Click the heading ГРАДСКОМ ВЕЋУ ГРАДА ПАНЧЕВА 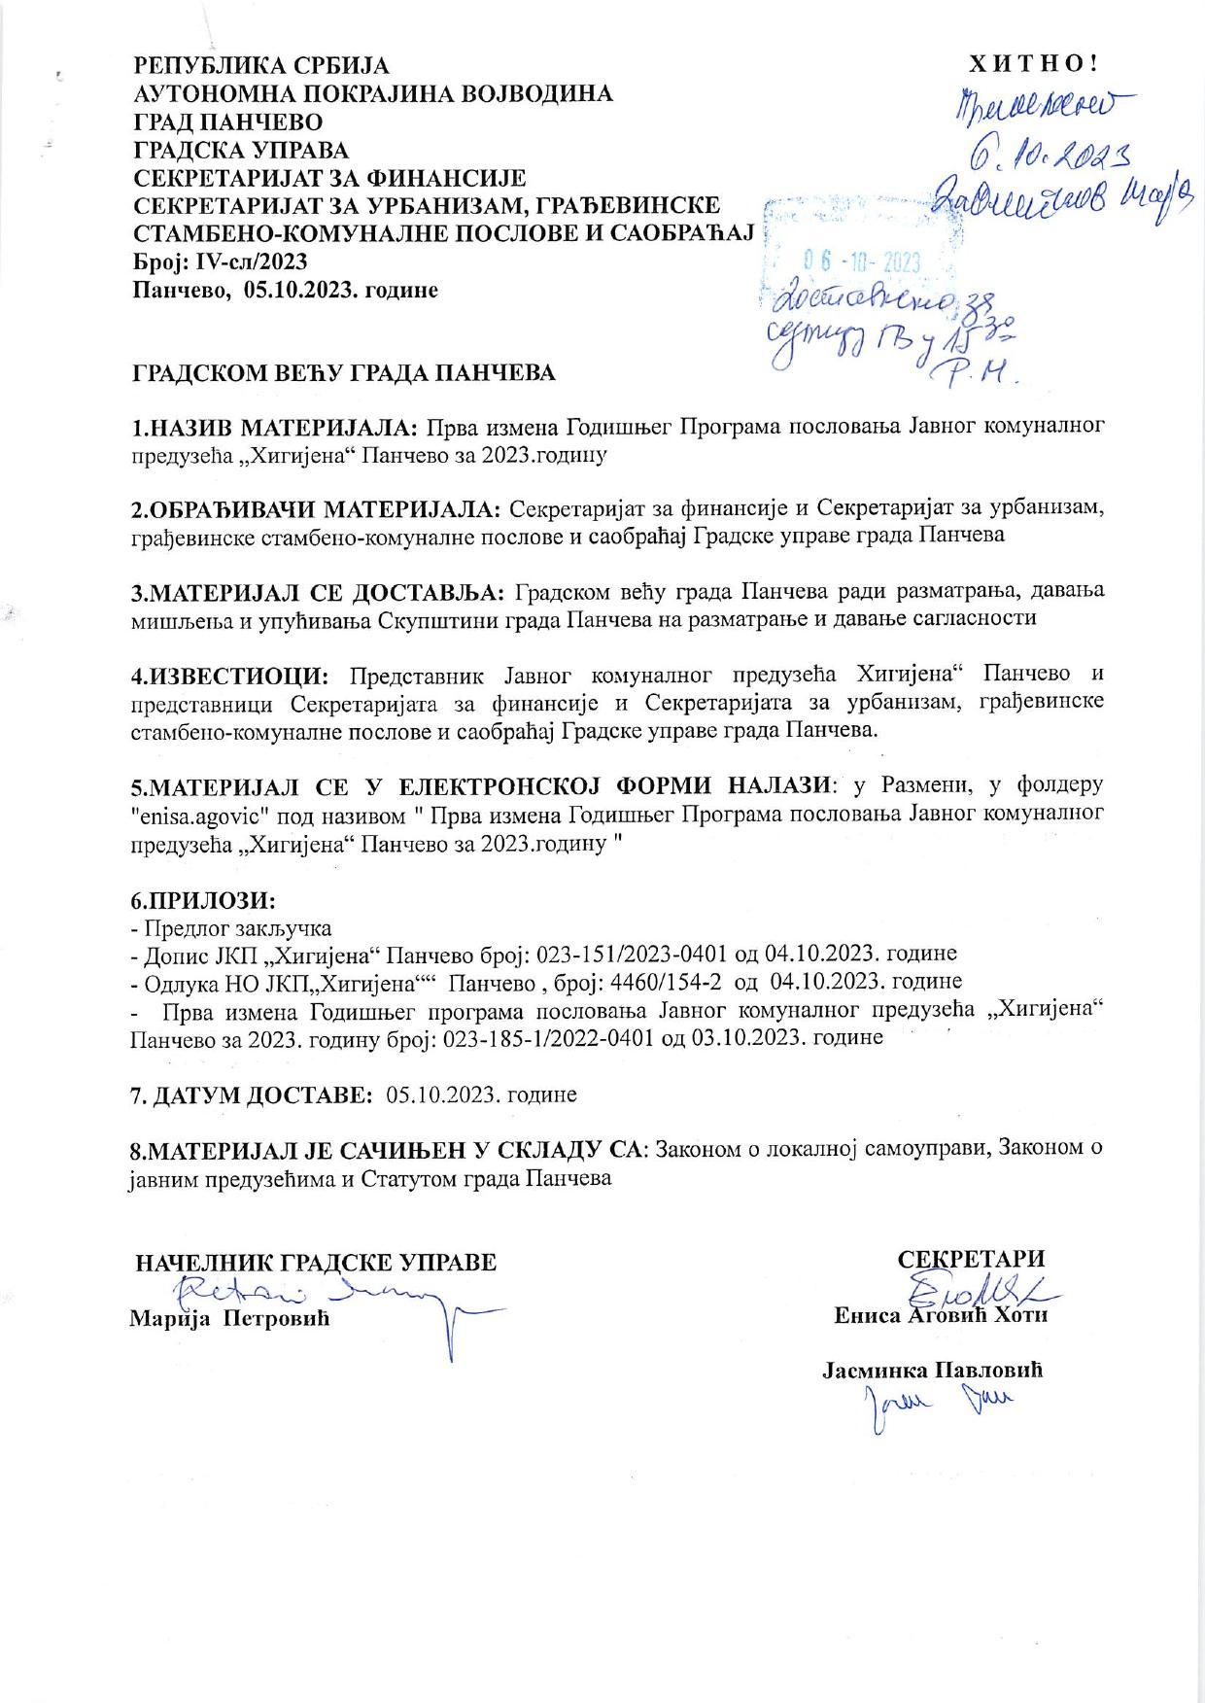[344, 373]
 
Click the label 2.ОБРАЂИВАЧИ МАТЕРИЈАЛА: [317, 508]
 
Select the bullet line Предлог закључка [237, 927]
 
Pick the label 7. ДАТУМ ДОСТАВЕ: [253, 1095]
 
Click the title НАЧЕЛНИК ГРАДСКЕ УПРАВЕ [316, 1263]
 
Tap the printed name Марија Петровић [230, 1319]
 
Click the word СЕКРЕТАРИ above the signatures [971, 1260]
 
